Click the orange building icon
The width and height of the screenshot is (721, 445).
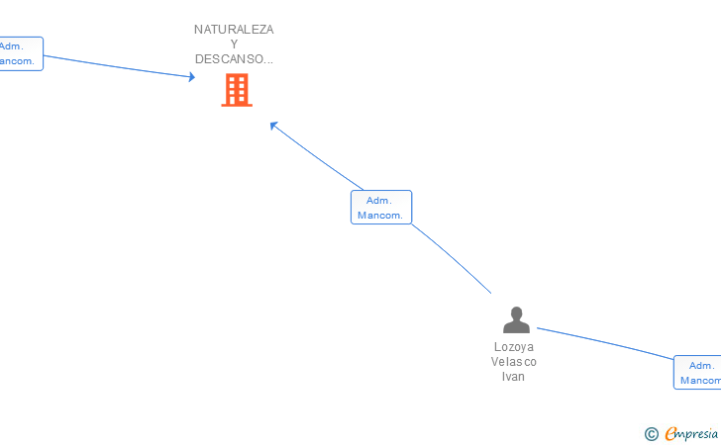[x=236, y=90]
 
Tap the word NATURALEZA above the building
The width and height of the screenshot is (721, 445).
[x=234, y=30]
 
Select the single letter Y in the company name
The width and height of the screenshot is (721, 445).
[x=234, y=44]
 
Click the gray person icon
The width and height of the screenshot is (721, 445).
[x=516, y=319]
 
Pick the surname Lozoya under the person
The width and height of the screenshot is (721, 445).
[x=514, y=347]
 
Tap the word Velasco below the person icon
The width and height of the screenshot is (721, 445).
[x=514, y=362]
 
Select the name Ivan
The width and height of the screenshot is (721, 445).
[x=514, y=377]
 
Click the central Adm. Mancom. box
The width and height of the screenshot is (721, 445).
[x=381, y=208]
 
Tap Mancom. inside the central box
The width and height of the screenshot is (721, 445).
[x=381, y=216]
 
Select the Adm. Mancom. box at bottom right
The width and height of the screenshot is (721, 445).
[x=698, y=373]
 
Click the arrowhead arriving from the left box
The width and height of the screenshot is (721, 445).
[x=192, y=77]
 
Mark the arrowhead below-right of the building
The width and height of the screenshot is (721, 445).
[x=274, y=125]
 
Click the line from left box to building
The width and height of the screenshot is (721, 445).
[x=119, y=65]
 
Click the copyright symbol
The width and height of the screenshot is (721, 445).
[x=652, y=433]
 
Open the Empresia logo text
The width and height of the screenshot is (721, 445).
[x=692, y=433]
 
